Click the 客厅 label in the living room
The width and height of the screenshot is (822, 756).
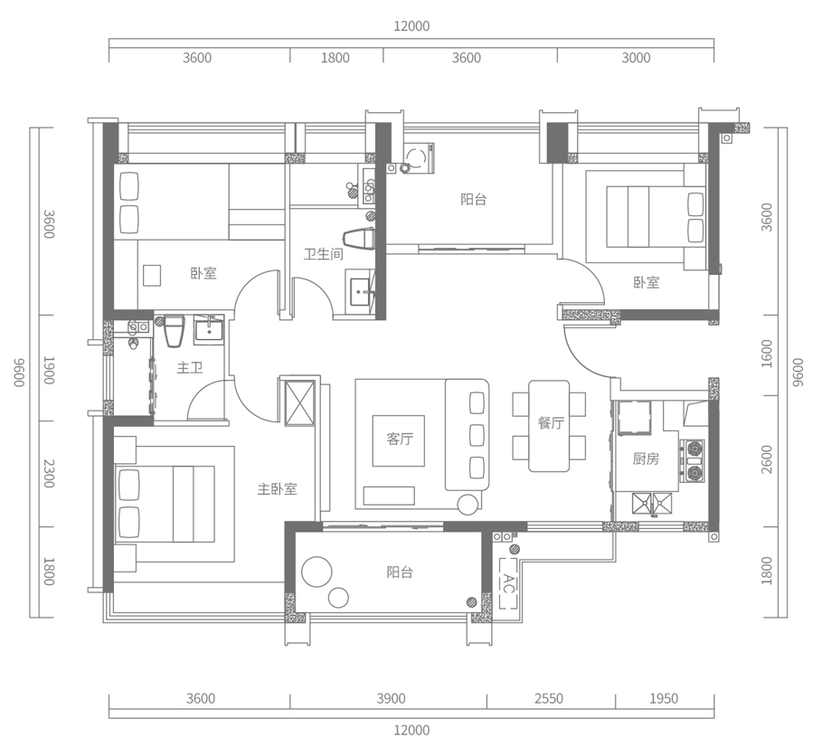pos(400,439)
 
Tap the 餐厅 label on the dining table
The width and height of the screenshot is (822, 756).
pos(551,423)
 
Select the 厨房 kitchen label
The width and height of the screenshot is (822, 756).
pos(646,459)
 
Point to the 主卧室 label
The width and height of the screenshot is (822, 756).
pos(277,489)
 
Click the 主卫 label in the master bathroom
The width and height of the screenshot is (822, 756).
pos(190,368)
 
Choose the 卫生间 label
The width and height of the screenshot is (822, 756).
pos(323,254)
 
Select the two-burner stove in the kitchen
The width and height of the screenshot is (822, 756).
pos(694,458)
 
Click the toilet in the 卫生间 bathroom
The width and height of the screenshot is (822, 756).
pos(364,241)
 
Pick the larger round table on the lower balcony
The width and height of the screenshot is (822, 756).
pos(318,571)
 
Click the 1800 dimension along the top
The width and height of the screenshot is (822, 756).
pos(335,58)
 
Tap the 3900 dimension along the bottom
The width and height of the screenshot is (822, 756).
pos(391,698)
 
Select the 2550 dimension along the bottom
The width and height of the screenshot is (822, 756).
pos(549,698)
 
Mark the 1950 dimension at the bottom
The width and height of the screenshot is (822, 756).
pos(664,698)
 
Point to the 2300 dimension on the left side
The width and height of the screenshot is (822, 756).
pos(50,474)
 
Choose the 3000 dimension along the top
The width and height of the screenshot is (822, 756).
pos(636,58)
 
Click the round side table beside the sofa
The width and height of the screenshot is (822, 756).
pos(468,503)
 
